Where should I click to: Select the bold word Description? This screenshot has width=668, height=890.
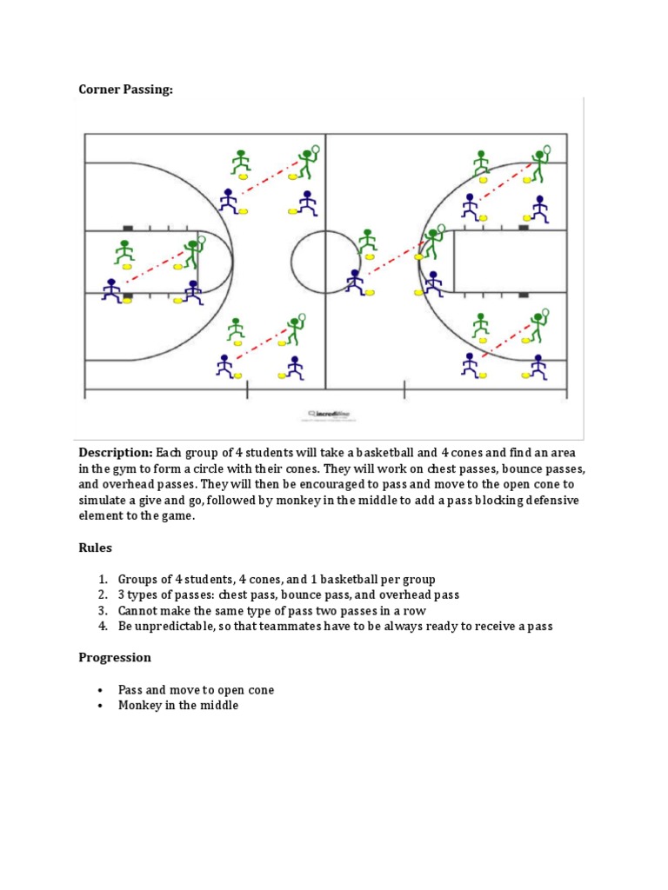[x=116, y=453]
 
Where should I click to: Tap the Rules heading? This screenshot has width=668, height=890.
[x=96, y=548]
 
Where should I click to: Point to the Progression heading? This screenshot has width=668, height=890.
[x=115, y=657]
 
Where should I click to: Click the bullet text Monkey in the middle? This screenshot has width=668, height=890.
[x=178, y=706]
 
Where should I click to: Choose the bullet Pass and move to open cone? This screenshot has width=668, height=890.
[x=196, y=690]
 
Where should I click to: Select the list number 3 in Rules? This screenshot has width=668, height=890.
[x=102, y=610]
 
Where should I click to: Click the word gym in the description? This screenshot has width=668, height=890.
[x=128, y=468]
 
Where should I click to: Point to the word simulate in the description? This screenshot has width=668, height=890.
[x=104, y=500]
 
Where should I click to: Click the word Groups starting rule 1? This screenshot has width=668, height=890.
[x=138, y=579]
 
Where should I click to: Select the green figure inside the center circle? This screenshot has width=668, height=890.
[x=368, y=241]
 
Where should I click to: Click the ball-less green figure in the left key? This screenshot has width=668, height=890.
[x=124, y=252]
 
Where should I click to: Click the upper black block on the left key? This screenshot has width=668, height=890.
[x=128, y=228]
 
